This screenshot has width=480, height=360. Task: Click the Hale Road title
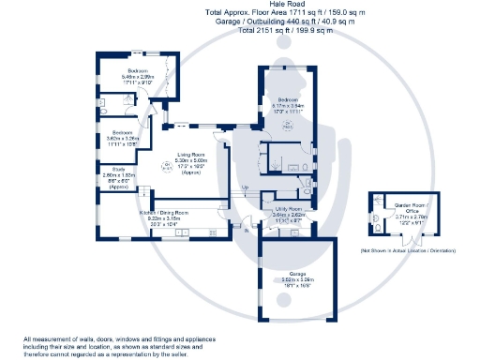coord(239,5)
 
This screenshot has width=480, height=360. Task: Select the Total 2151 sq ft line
coord(239,30)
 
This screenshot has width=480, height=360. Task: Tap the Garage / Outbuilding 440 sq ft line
coord(239,22)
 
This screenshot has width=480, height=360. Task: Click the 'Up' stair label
coord(246,189)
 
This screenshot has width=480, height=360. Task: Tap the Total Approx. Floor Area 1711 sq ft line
coord(239,13)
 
